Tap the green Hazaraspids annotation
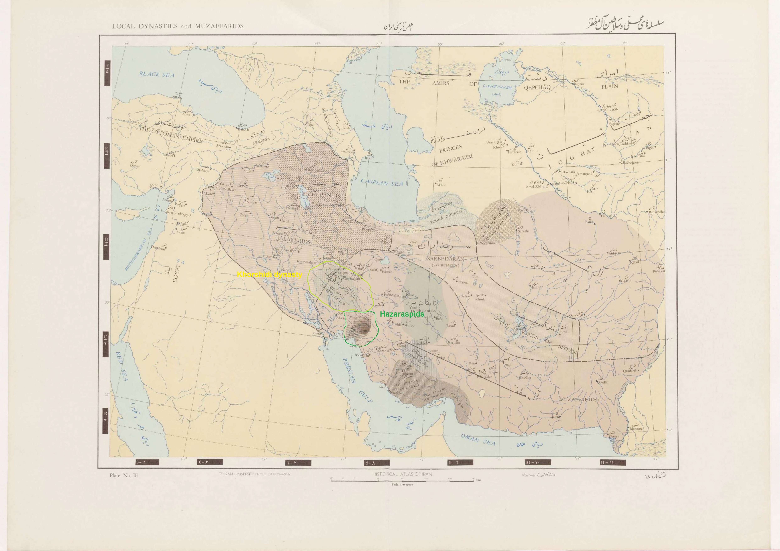click(x=402, y=314)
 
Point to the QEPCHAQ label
click(x=537, y=87)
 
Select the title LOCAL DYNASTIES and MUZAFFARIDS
click(x=178, y=26)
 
